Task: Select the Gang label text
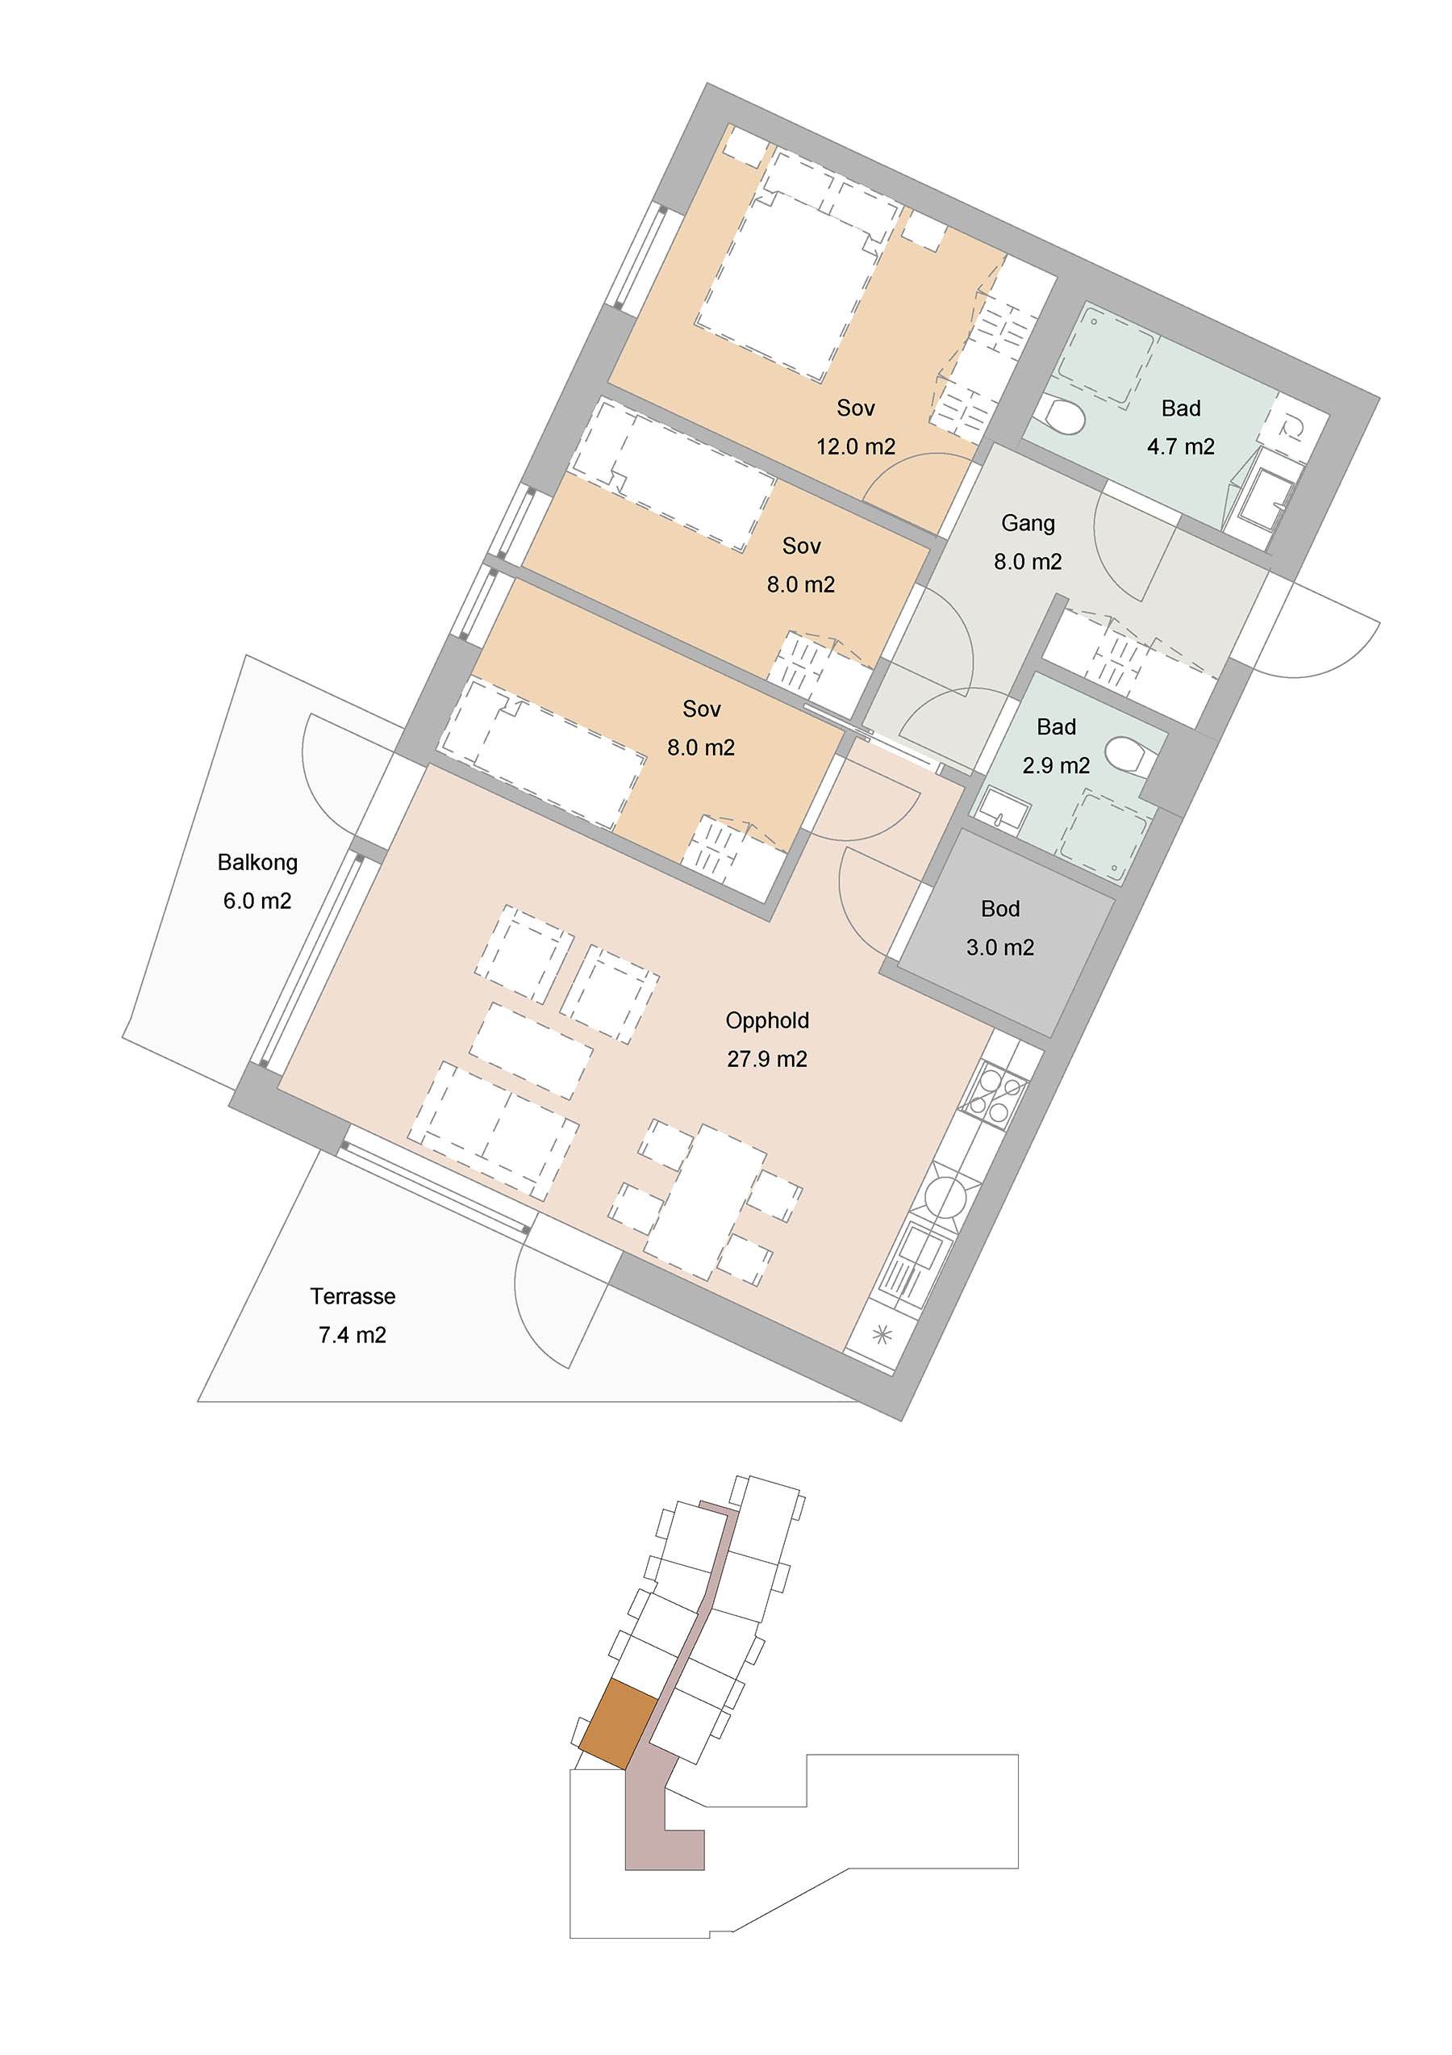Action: (x=1028, y=524)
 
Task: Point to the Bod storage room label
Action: (x=1000, y=910)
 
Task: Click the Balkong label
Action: (x=257, y=863)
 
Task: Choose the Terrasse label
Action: (x=353, y=1297)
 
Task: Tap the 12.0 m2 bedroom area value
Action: (x=856, y=446)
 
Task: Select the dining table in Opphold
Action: (x=705, y=1201)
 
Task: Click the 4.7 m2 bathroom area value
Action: (x=1181, y=446)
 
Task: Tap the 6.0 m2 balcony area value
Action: (x=257, y=902)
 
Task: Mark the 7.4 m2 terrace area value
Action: (x=353, y=1335)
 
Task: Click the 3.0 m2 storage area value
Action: (x=1000, y=948)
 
